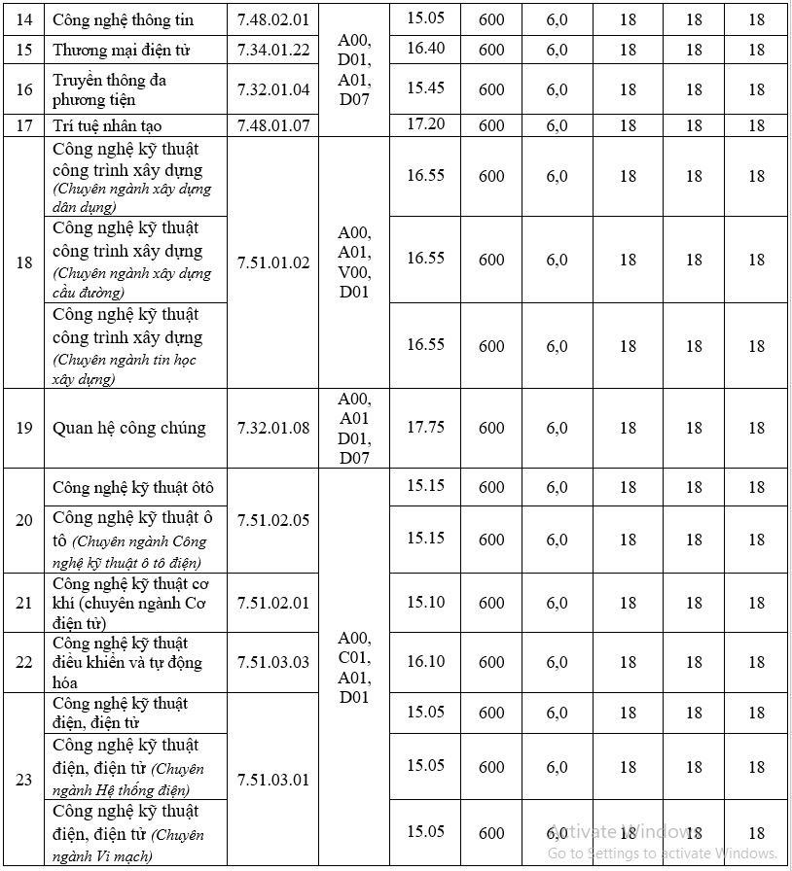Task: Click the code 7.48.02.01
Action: (273, 19)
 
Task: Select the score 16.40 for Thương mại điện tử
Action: (425, 49)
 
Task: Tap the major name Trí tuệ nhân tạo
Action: (107, 125)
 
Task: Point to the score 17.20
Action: (425, 123)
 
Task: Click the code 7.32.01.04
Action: (273, 89)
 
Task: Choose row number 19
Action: (24, 428)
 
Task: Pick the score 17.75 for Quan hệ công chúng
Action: (425, 427)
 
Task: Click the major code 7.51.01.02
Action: (273, 262)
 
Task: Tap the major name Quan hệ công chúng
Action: (129, 428)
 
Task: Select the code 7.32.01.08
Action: (273, 428)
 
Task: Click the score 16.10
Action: (425, 661)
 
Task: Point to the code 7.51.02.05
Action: (273, 520)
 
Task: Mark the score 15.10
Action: (425, 602)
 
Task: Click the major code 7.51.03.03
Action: (273, 662)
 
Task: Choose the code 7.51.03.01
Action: (273, 780)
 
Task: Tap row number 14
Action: (24, 19)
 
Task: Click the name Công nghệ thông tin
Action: (123, 19)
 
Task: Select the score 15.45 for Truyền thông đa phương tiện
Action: (425, 87)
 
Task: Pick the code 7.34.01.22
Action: (273, 50)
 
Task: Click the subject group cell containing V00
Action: (354, 262)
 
